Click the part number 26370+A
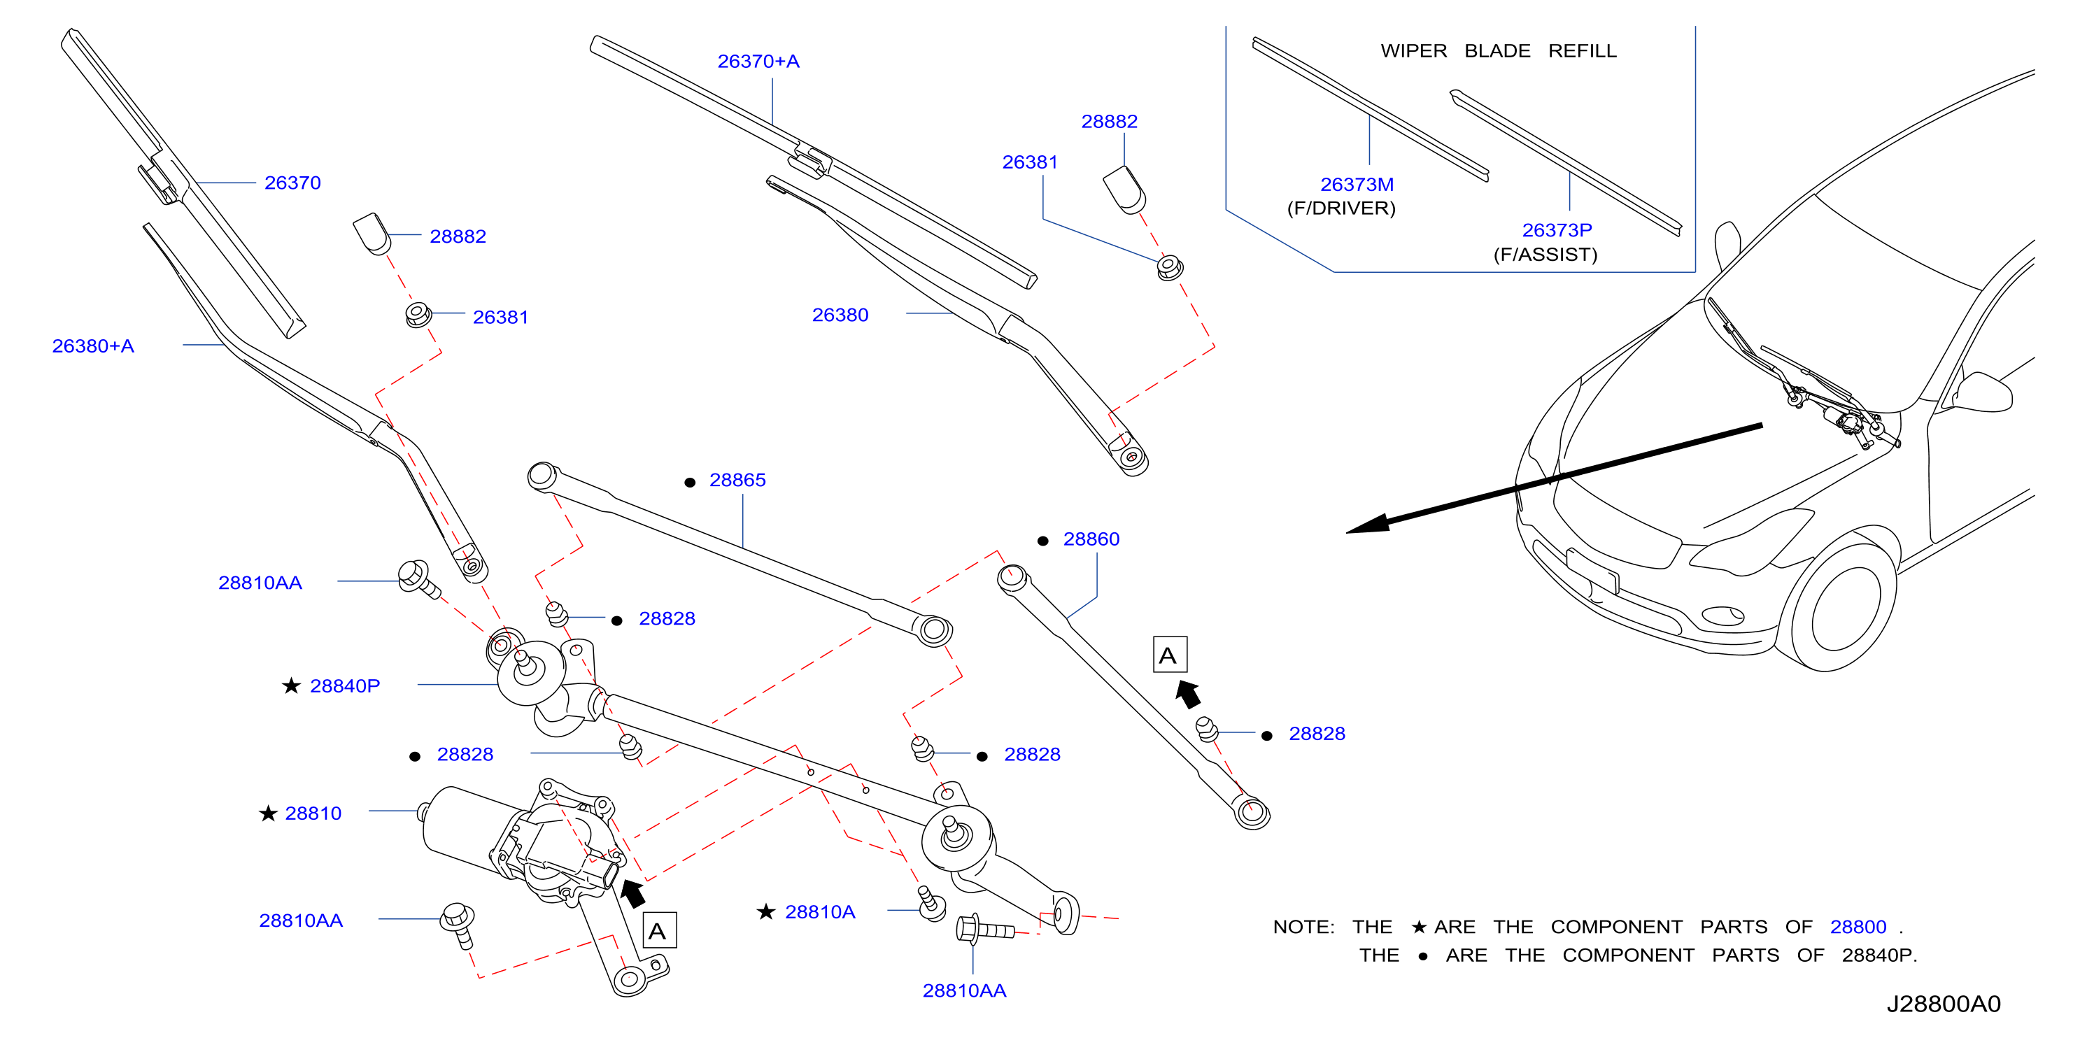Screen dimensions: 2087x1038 758,62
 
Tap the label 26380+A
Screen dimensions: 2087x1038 93,346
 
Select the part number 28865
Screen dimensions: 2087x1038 737,480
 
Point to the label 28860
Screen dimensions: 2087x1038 1091,539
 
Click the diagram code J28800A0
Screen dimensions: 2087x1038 1944,1004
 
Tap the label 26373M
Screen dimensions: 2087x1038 1357,185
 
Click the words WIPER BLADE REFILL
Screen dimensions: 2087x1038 1498,51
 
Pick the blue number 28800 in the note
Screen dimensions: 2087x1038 1858,927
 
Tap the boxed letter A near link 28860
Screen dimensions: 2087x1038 1170,655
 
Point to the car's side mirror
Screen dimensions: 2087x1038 1985,392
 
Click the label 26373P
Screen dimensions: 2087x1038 1557,231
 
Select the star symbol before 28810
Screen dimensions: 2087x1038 268,813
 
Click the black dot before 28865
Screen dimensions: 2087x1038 691,483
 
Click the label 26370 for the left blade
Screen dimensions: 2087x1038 292,183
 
